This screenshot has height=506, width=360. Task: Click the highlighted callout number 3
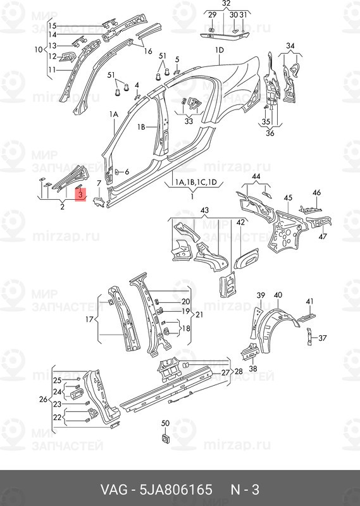point(81,197)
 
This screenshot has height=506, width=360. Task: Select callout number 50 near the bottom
point(166,423)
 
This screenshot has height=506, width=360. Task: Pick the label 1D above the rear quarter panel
point(220,50)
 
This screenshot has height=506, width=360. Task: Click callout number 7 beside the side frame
point(99,184)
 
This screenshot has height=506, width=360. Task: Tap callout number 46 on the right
point(316,193)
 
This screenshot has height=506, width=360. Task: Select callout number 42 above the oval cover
point(240,222)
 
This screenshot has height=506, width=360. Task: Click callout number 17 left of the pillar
point(38,49)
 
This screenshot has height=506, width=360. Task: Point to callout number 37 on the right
point(323,337)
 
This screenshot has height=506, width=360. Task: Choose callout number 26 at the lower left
point(43,399)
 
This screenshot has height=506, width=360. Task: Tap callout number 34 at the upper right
point(290,46)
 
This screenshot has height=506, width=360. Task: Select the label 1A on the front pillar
point(115,115)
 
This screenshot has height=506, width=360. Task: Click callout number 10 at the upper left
point(38,49)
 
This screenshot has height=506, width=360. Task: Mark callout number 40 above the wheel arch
point(277,295)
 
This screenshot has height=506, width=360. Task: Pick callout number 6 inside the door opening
point(127,171)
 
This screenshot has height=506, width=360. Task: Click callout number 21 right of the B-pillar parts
point(199,314)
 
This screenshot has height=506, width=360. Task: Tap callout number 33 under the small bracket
point(189,121)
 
